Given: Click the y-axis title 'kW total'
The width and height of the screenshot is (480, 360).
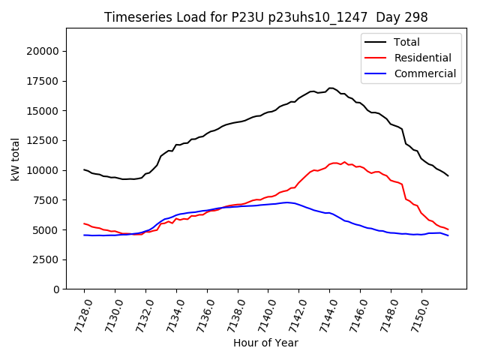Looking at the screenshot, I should (16, 158).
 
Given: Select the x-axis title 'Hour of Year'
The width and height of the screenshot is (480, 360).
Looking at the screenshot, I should (265, 343).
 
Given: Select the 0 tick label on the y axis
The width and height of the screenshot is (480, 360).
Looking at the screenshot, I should (56, 289).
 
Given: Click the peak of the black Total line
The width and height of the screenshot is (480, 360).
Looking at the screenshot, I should (330, 88).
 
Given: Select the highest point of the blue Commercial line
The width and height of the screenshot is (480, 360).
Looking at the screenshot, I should (287, 202).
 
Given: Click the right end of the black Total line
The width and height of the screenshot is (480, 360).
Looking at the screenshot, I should (448, 176).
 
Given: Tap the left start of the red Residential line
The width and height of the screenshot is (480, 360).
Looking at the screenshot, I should (84, 223).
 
